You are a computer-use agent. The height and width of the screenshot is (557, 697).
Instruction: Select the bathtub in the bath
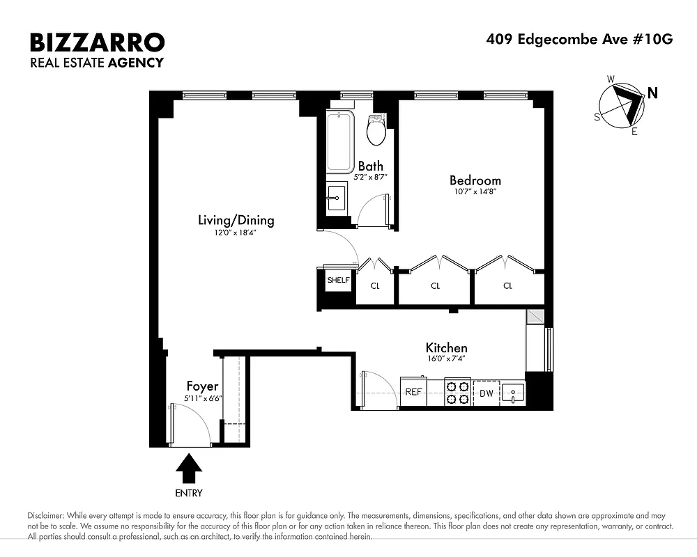[x=340, y=143]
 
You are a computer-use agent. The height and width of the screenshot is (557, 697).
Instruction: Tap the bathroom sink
[x=337, y=197]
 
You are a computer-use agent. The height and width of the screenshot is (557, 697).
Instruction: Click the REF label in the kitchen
[x=413, y=392]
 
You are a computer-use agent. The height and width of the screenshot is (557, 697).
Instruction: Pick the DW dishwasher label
[x=487, y=393]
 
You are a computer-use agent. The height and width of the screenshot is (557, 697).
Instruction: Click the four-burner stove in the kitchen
[x=458, y=391]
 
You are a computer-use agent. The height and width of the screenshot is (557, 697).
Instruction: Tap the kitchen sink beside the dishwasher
[x=513, y=392]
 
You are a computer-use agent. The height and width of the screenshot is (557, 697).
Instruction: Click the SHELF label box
[x=338, y=280]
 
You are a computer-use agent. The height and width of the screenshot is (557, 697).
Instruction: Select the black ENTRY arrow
[x=188, y=468]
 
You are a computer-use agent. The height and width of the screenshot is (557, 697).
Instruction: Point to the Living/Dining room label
[x=236, y=221]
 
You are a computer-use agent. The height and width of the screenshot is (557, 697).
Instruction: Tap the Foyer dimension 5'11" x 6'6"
[x=203, y=398]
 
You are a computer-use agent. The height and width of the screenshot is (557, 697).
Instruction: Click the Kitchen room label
[x=446, y=348]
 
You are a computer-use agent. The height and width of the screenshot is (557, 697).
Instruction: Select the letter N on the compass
[x=652, y=92]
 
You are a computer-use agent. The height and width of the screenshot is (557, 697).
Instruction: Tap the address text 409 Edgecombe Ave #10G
[x=579, y=39]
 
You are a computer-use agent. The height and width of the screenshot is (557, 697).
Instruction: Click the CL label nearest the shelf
[x=374, y=285]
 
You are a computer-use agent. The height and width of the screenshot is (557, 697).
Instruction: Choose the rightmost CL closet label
[x=507, y=285]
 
